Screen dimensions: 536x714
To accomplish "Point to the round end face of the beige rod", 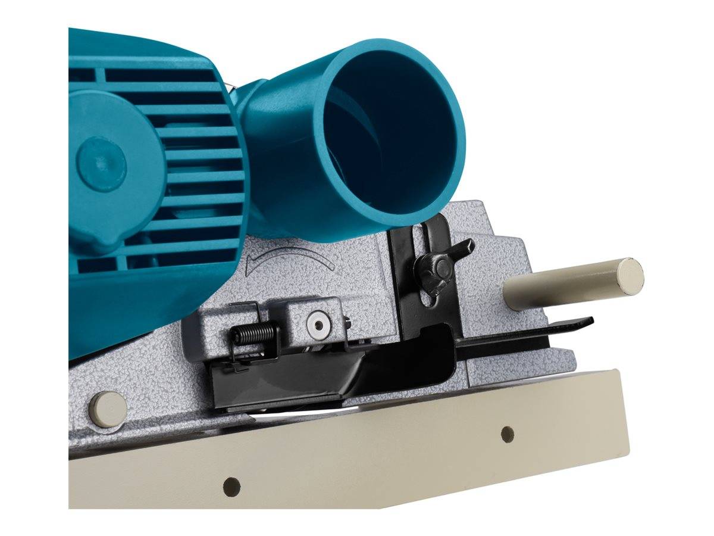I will click(x=630, y=274).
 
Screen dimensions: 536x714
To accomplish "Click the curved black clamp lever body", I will click(x=381, y=363).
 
